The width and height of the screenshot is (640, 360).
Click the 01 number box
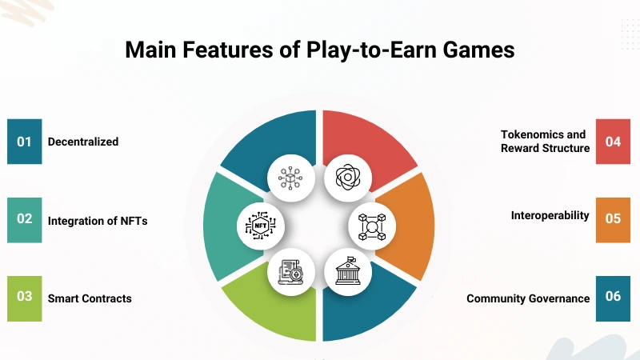click(x=24, y=142)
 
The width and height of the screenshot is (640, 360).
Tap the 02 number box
click(x=24, y=219)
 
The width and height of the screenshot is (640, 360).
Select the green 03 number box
click(x=24, y=298)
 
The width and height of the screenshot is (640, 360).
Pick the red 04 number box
click(x=613, y=142)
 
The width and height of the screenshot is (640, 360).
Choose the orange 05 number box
click(x=613, y=219)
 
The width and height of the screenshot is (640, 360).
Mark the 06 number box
click(x=613, y=298)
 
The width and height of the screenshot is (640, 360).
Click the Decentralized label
click(x=83, y=142)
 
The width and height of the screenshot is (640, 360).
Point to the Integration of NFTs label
click(x=97, y=220)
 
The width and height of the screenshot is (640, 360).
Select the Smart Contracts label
click(x=90, y=298)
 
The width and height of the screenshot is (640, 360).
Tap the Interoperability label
click(x=550, y=215)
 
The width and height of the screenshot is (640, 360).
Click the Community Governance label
click(x=528, y=298)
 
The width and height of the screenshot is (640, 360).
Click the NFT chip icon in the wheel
click(x=261, y=226)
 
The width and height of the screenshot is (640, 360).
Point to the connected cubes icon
click(x=372, y=226)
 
